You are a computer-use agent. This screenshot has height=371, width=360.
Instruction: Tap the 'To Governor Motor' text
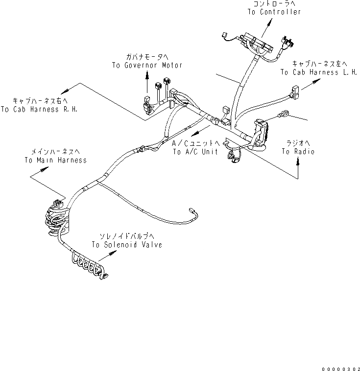[x=140, y=65]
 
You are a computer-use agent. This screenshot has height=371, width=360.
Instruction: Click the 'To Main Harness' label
[x=55, y=160]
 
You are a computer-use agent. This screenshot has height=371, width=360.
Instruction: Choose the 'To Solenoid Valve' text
[x=126, y=245]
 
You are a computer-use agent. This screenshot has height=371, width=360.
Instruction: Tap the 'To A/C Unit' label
[x=195, y=152]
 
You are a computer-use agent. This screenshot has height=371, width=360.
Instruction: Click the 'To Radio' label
[x=298, y=152]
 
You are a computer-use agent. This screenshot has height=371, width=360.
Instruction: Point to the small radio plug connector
[x=283, y=115]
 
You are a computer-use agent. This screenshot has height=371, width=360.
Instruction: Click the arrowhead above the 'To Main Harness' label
[x=48, y=169]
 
